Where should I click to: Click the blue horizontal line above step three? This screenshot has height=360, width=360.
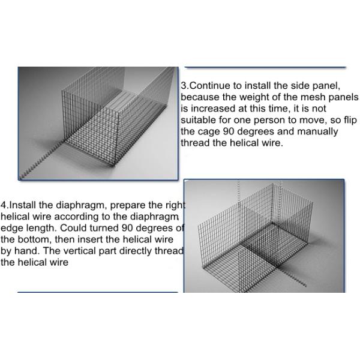265,67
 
